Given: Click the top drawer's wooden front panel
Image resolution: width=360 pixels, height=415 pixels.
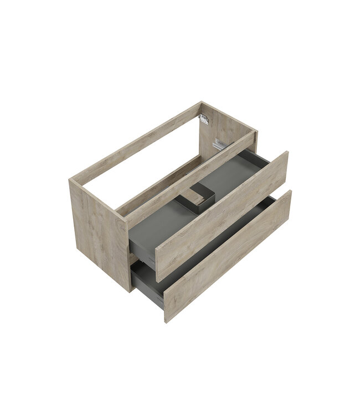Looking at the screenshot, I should (222, 216).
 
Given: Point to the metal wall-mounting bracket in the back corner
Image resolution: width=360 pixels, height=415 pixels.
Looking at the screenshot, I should (204, 119).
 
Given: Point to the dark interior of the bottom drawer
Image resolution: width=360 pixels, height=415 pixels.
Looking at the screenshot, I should (210, 243).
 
